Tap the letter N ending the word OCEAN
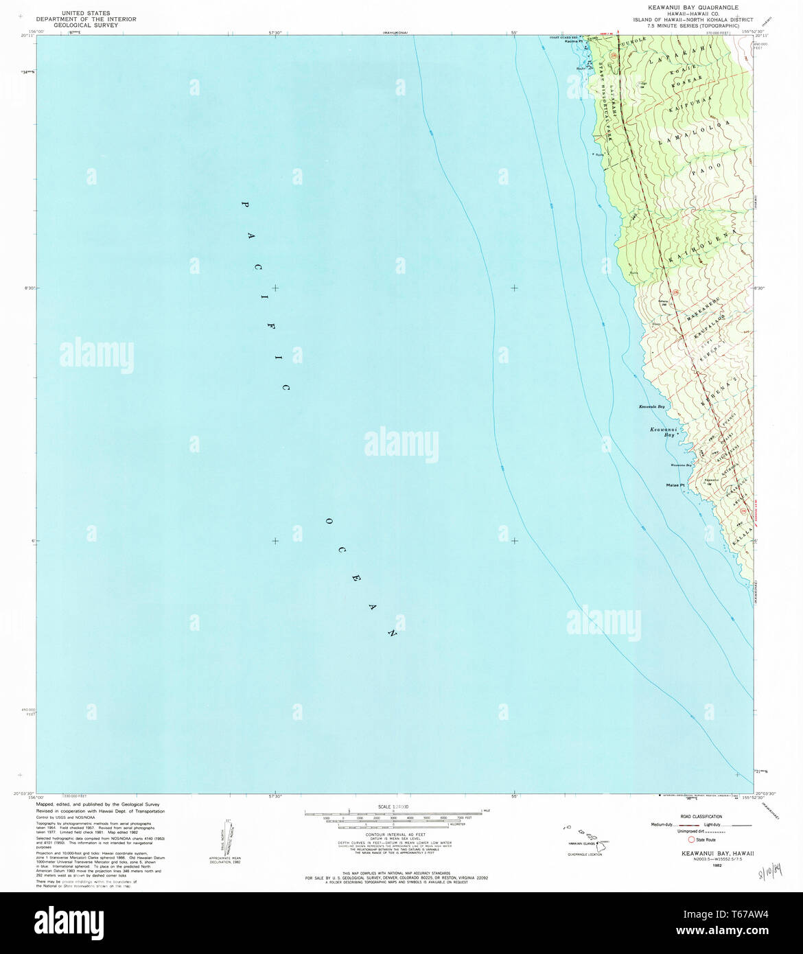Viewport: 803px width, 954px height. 393,633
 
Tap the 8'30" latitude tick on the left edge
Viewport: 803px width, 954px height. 28,288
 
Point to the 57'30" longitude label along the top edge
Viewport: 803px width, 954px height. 275,31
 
